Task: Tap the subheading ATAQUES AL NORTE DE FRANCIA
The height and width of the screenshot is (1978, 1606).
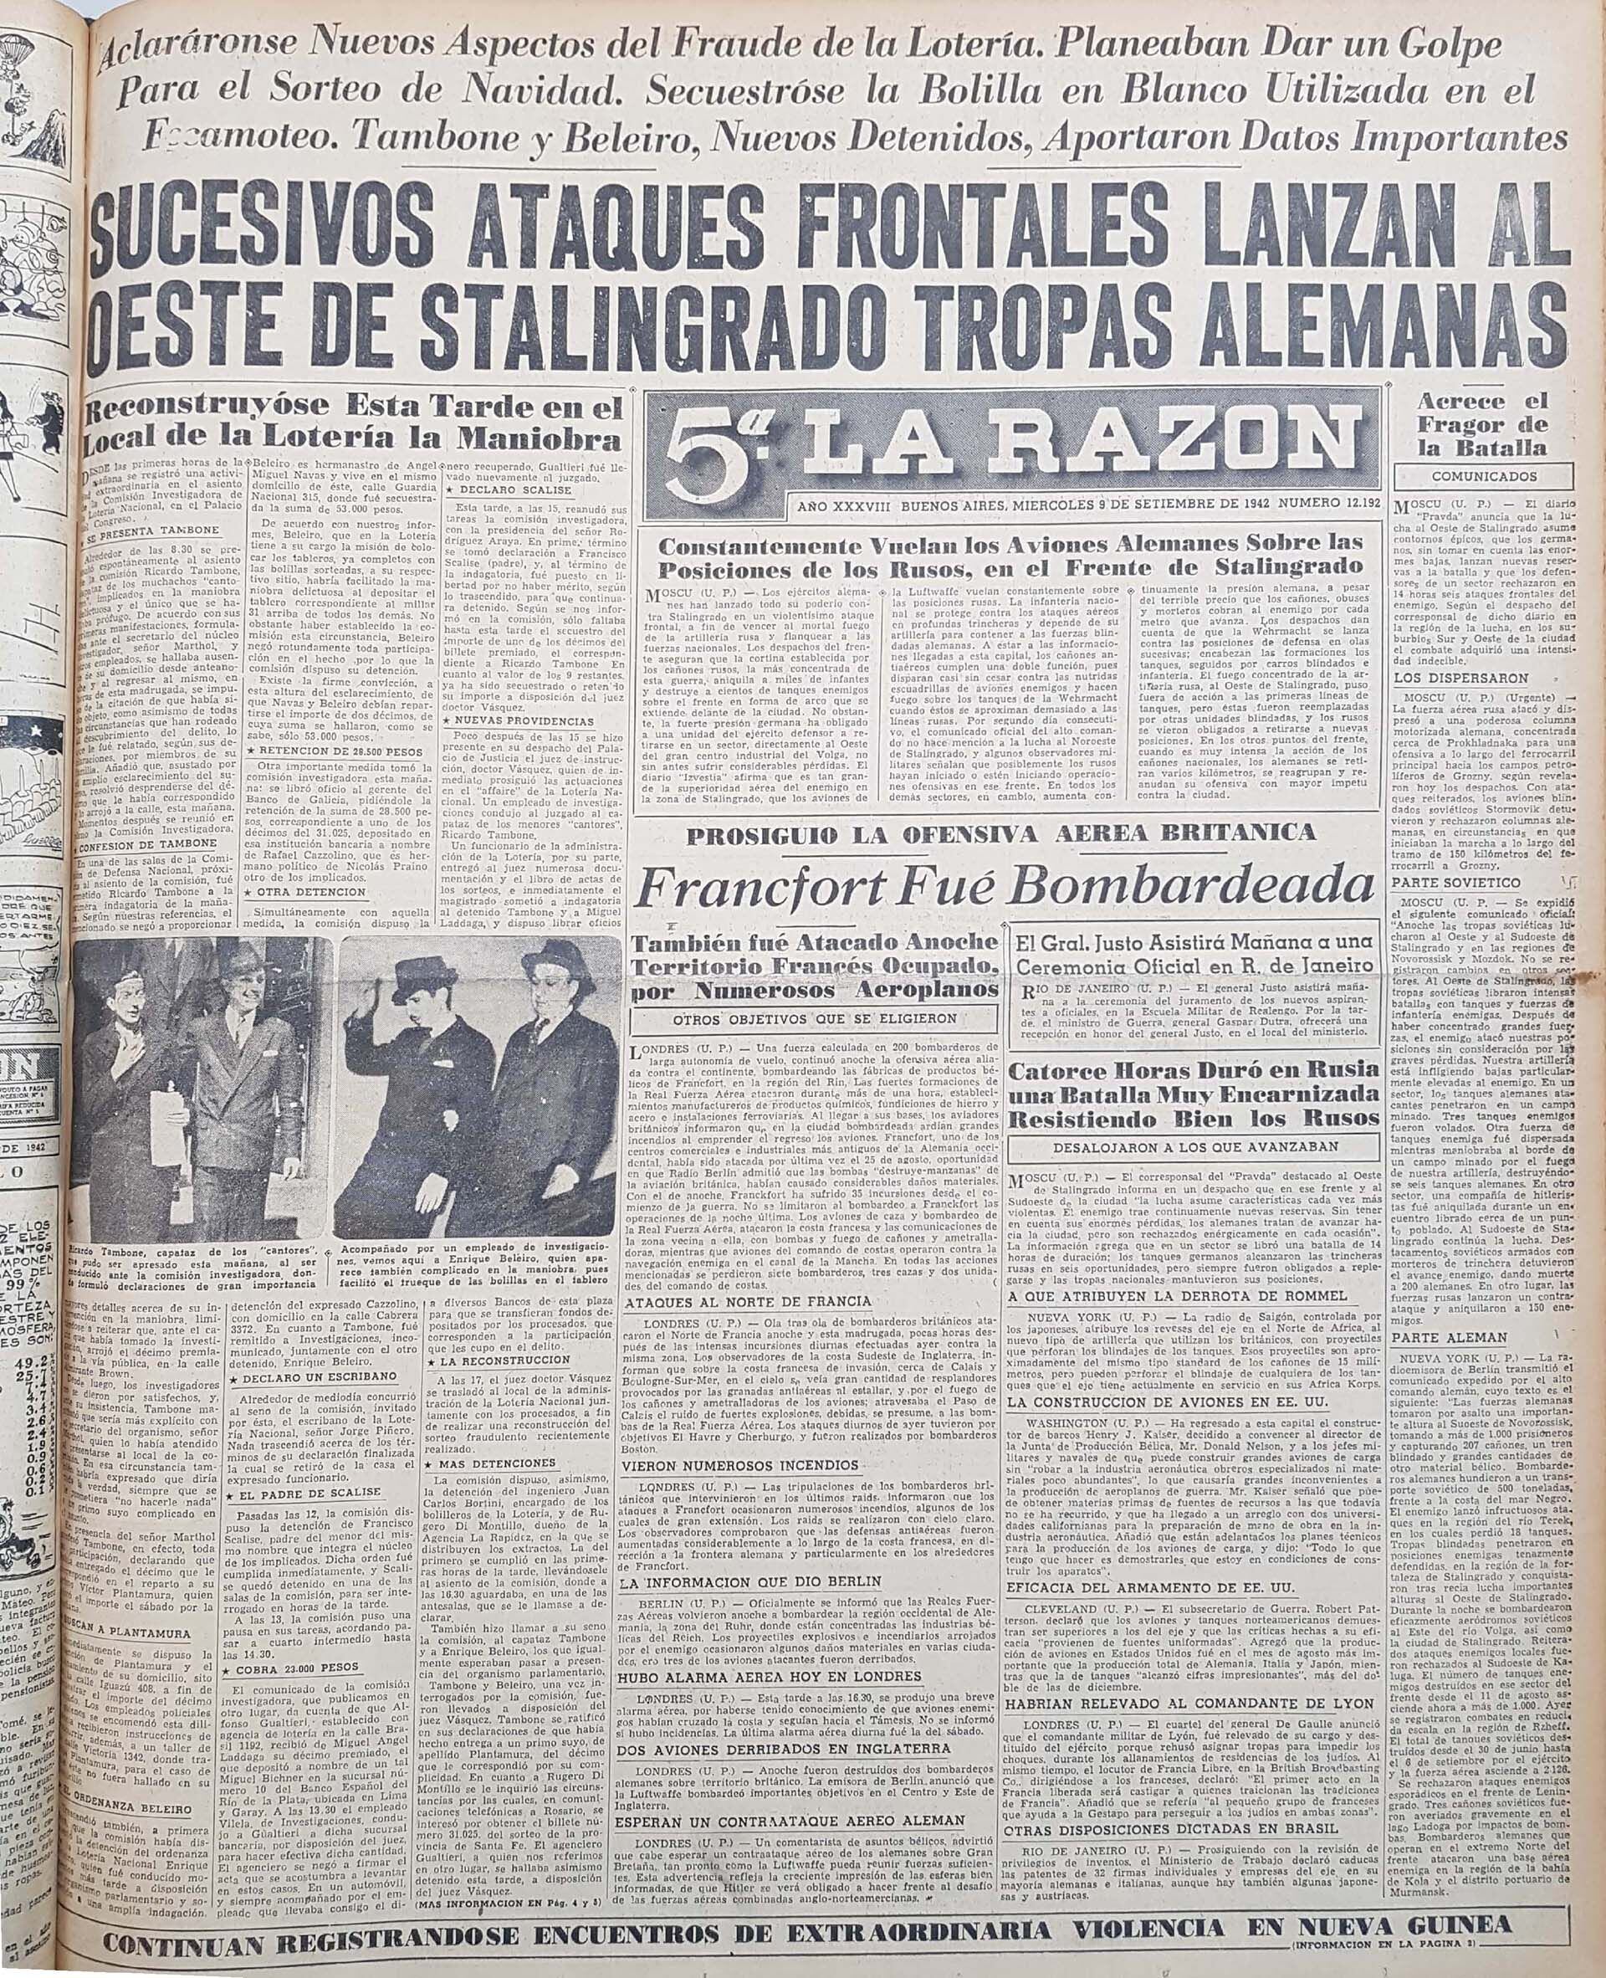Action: coord(749,1302)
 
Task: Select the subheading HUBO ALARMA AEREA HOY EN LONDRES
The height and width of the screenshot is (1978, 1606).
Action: coord(774,1648)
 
